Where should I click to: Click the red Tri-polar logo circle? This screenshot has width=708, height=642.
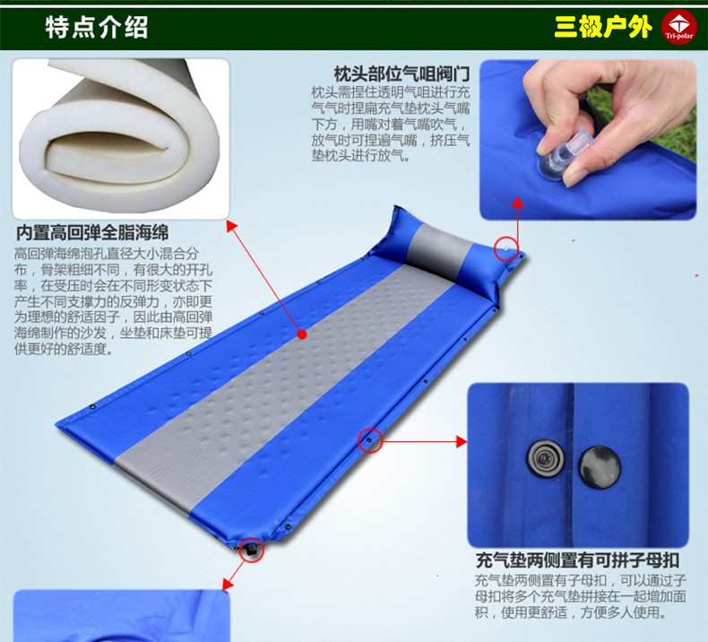pos(678,27)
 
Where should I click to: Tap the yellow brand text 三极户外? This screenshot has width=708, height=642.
pos(603,27)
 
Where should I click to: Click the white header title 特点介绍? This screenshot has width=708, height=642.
pos(97,27)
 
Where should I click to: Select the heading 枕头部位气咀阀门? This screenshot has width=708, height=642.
pos(401,74)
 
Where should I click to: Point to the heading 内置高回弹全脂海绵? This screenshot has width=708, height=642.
pos(92,232)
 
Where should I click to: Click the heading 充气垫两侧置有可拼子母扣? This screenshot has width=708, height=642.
pos(577,560)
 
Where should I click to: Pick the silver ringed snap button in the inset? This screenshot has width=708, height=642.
pos(547,458)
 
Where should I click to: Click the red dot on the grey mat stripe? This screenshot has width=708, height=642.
pos(303,334)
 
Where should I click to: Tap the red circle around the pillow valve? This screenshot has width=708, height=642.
pos(506,250)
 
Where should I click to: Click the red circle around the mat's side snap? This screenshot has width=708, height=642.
pos(370,440)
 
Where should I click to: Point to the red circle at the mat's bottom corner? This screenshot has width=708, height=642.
pos(251,550)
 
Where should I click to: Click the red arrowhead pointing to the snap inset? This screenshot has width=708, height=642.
pos(462,441)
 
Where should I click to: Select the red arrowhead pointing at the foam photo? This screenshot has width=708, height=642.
pos(231,225)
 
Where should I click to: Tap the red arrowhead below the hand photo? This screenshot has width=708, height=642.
pos(518,202)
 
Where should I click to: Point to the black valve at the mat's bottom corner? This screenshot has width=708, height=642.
pos(251,551)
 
